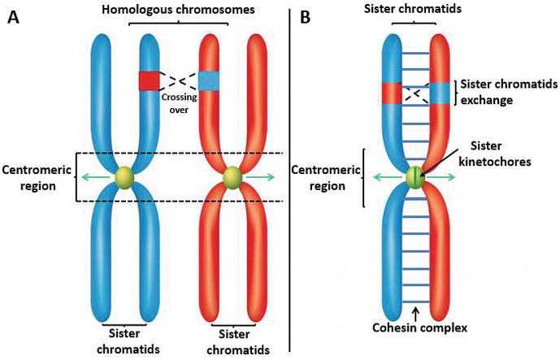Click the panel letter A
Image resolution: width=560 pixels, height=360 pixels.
click(13, 16)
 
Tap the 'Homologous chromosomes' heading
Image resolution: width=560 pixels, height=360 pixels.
click(179, 9)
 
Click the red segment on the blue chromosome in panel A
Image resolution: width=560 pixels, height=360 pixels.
click(149, 80)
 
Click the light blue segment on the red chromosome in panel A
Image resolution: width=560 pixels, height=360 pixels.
click(210, 79)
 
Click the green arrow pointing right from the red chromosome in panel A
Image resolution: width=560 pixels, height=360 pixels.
click(263, 176)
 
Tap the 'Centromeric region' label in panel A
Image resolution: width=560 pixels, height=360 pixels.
click(37, 176)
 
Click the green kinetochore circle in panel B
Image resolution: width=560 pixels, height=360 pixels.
click(416, 177)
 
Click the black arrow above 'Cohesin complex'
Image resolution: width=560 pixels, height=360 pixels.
click(415, 311)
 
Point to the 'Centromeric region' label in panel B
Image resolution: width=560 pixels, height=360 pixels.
click(326, 179)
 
